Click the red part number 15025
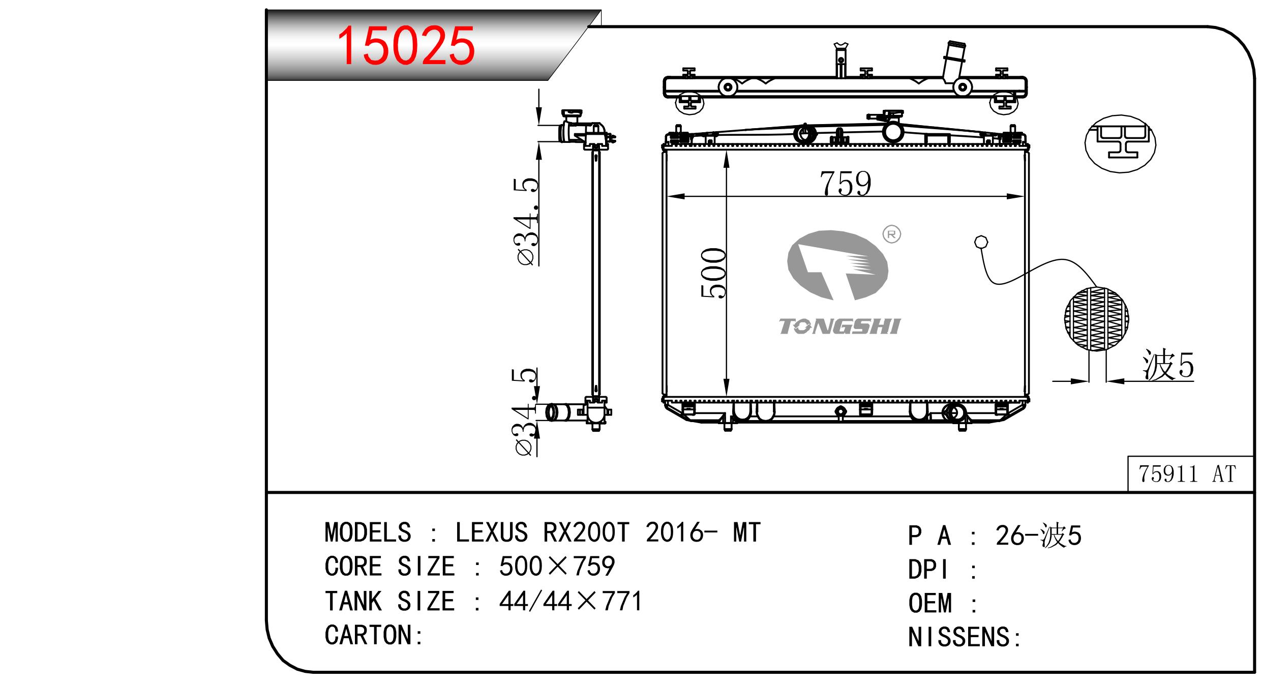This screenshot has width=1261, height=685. (x=406, y=46)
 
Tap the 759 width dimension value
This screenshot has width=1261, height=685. (x=845, y=183)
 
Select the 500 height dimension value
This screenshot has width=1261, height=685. (x=713, y=273)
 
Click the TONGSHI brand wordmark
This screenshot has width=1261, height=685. (x=839, y=326)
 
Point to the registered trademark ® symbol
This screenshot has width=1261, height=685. (x=892, y=234)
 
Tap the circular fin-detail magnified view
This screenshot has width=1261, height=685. (x=1096, y=319)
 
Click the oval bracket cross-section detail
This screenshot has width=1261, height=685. (x=1120, y=144)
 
